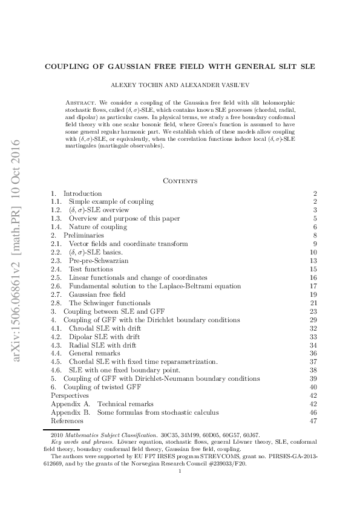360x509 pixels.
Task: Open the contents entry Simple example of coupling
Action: coord(111,201)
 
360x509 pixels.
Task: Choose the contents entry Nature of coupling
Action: coord(97,227)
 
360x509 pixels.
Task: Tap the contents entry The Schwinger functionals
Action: coord(110,303)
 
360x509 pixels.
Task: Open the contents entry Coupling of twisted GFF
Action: coord(100,387)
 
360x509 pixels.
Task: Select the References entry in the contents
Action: coord(67,420)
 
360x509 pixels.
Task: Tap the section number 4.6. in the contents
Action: coord(57,370)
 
